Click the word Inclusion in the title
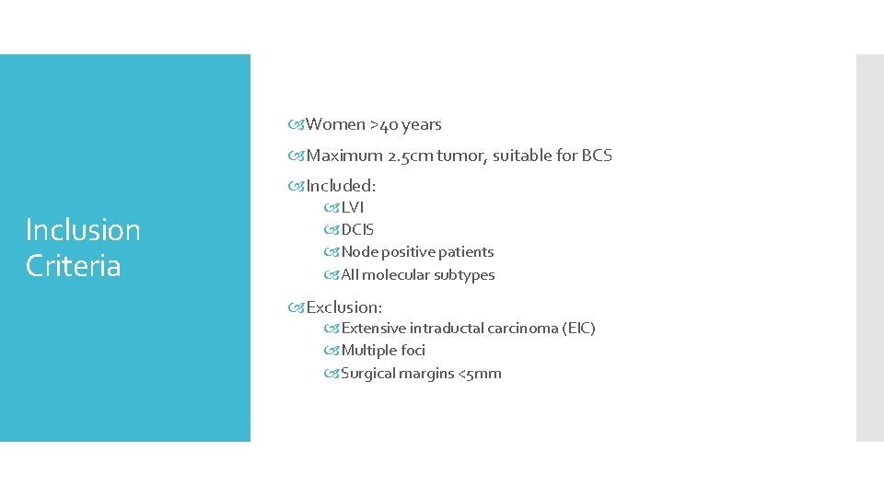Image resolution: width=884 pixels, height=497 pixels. [x=83, y=229]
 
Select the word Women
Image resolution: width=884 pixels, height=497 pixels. [x=335, y=124]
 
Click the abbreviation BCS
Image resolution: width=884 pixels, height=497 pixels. [x=597, y=156]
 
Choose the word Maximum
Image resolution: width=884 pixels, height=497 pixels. [x=344, y=156]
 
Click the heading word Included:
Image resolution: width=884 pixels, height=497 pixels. [x=341, y=186]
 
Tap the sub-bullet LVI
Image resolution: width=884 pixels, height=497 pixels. [x=353, y=207]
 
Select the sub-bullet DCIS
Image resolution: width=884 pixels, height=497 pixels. [x=357, y=229]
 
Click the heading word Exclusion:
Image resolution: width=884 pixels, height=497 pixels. [x=343, y=306]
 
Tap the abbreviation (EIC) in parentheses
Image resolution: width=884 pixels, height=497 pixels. [x=578, y=328]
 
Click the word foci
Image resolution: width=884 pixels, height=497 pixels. [x=412, y=350]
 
